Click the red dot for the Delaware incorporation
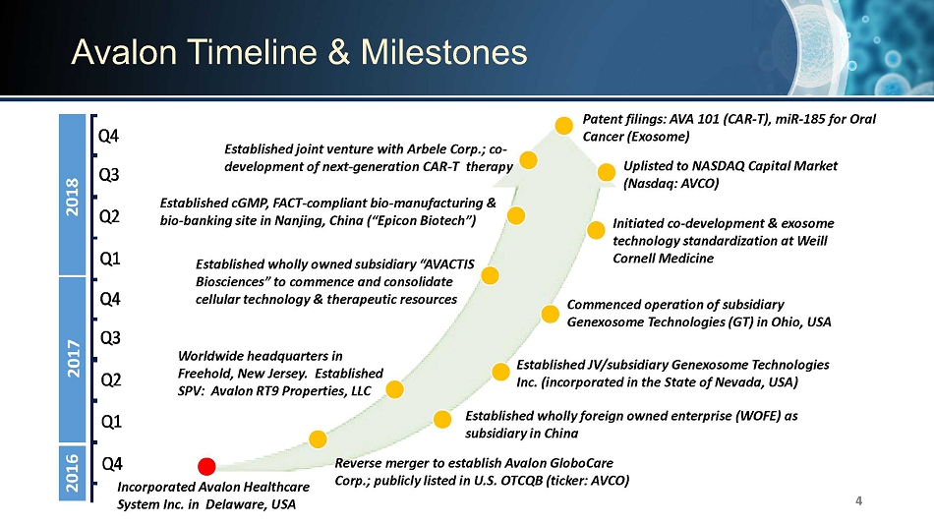(206, 466)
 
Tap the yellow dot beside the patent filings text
(563, 125)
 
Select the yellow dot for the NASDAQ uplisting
(606, 172)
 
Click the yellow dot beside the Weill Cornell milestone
(596, 230)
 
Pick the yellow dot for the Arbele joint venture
(528, 159)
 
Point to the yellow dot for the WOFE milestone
(442, 419)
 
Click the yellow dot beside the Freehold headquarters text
(394, 389)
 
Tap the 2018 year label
(72, 197)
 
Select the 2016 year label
(72, 473)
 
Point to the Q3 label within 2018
(109, 175)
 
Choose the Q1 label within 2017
(111, 422)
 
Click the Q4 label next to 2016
(112, 464)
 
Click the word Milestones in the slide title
(443, 52)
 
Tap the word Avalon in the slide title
(124, 52)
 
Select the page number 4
(858, 500)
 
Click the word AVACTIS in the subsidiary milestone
(447, 264)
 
